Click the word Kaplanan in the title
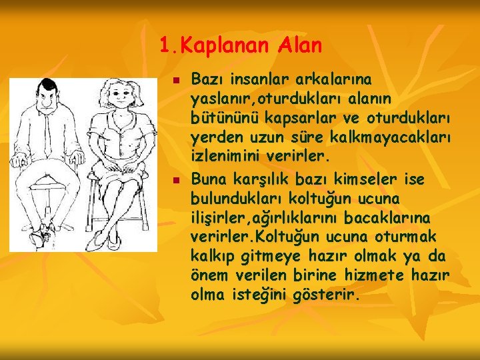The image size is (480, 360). tap(220, 46)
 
